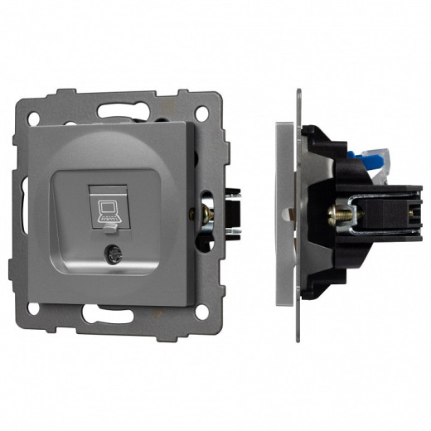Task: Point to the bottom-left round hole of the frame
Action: [x=35, y=308]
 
